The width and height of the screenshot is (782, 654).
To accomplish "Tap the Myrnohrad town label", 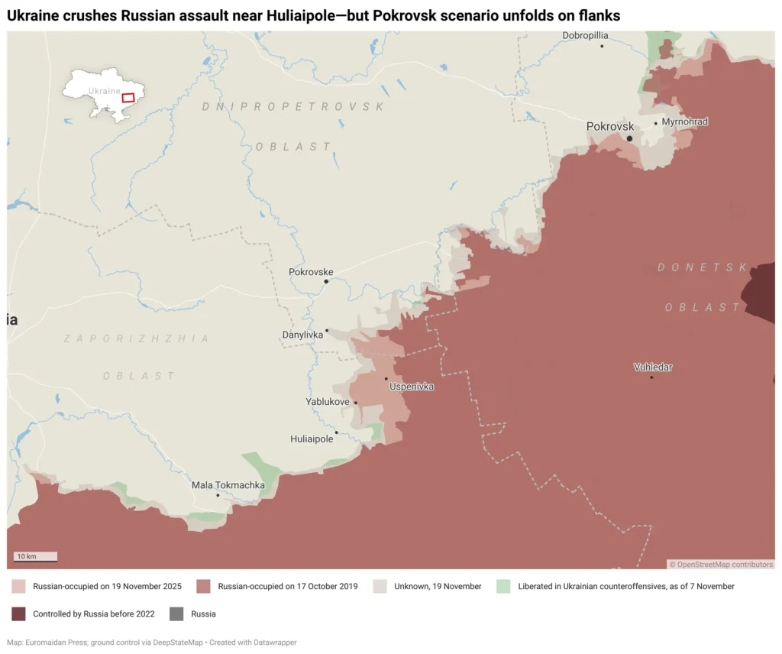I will (x=684, y=122).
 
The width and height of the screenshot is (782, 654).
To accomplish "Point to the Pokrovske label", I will (x=311, y=272).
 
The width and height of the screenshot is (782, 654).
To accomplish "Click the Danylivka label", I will (x=303, y=335).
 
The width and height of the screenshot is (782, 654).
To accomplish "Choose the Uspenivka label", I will (x=412, y=387).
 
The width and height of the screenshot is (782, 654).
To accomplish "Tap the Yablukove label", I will (x=328, y=402).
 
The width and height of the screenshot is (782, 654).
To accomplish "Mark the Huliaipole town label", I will (x=312, y=439).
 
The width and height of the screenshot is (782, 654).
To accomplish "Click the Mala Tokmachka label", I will (x=228, y=485).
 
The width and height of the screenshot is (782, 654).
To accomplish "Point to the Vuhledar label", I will (x=653, y=367).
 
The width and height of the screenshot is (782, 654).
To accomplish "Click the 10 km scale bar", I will (x=36, y=557).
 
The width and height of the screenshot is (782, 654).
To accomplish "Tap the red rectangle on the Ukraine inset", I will (x=128, y=97).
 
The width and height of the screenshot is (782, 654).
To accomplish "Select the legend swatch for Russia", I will (x=176, y=614).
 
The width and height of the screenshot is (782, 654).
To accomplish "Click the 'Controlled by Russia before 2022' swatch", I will (x=19, y=614).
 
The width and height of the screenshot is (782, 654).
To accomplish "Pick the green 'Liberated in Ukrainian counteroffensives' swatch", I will (x=503, y=587).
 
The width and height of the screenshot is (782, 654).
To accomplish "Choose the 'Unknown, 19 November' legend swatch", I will (x=380, y=587).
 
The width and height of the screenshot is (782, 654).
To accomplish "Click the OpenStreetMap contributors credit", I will (x=722, y=565).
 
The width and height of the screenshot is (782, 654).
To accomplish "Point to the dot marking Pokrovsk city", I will (x=629, y=138).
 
